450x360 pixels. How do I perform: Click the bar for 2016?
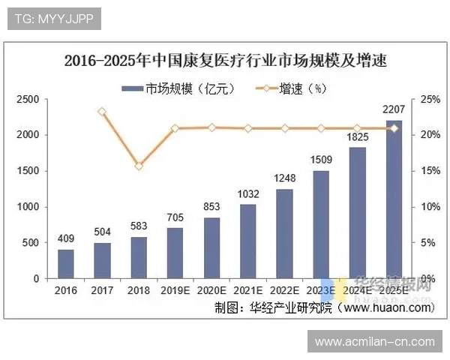[66, 264]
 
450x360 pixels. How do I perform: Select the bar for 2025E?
[393, 199]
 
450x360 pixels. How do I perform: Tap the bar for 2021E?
[247, 241]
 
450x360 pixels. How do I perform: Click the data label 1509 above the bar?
[321, 160]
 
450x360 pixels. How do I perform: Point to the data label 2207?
[393, 109]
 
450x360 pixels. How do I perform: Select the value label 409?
[66, 239]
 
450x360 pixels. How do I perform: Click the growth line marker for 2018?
[139, 166]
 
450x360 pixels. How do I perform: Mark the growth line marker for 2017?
[102, 112]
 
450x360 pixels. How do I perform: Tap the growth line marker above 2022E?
[284, 128]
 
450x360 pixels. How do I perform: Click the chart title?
[225, 60]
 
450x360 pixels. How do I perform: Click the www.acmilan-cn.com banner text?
[375, 342]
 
